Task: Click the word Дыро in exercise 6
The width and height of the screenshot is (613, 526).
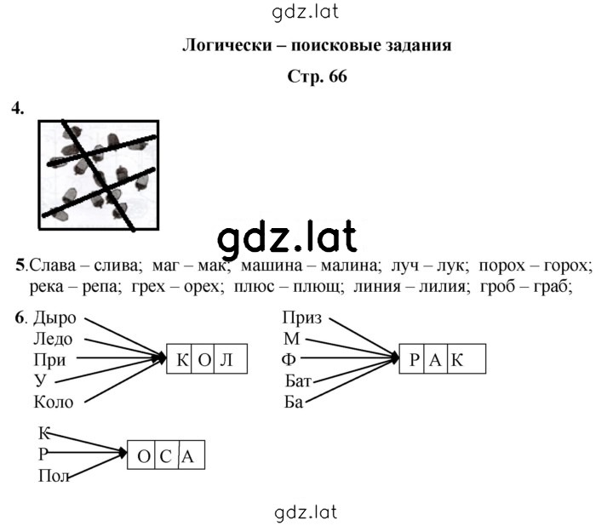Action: tap(54, 318)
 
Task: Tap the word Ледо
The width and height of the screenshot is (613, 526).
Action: tap(53, 339)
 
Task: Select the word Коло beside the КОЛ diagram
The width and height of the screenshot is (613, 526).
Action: tap(54, 402)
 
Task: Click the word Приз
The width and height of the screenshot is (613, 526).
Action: tap(302, 318)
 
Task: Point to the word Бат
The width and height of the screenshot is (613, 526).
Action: tap(298, 380)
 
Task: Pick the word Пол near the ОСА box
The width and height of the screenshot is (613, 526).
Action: tap(54, 476)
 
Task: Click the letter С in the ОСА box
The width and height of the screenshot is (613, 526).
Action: tap(166, 456)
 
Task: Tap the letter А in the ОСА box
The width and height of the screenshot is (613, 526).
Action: tap(187, 456)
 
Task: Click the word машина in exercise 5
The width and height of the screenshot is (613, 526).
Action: tap(272, 266)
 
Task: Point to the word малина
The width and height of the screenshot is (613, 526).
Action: tap(351, 266)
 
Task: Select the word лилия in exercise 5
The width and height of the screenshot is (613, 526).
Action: tap(444, 287)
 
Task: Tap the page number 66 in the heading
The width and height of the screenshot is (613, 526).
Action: tap(338, 77)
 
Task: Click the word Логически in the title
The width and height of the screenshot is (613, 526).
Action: tap(227, 45)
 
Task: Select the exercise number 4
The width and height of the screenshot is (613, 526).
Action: tap(18, 108)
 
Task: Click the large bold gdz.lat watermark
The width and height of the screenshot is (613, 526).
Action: tap(287, 237)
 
